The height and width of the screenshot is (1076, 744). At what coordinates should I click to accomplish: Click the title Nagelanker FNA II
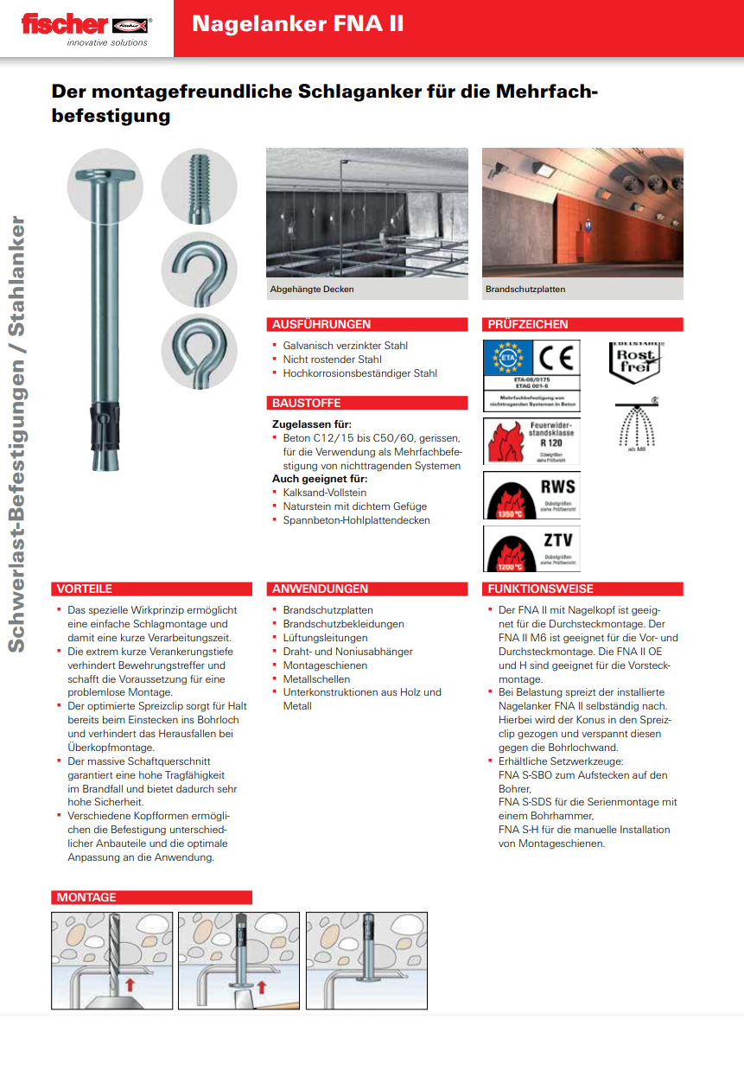point(297,24)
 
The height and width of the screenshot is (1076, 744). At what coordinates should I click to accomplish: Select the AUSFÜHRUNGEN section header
point(321,325)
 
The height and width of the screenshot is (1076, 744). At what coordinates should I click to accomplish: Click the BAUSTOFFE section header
point(307,404)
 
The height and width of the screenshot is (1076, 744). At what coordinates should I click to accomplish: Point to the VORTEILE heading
point(85,589)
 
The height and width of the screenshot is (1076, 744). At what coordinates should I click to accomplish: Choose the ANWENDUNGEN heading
point(320,589)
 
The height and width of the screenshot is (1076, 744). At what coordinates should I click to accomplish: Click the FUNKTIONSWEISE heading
point(541,589)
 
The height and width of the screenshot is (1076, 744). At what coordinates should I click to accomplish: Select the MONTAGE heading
point(86,898)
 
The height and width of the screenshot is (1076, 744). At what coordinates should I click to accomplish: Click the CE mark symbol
point(557,356)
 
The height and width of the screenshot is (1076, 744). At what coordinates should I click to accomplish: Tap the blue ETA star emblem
point(508,357)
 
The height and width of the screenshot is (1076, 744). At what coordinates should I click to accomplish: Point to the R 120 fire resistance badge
point(531,440)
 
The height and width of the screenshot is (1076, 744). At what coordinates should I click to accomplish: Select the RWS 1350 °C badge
point(531,495)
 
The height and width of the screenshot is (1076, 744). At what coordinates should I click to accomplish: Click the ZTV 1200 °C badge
point(531,549)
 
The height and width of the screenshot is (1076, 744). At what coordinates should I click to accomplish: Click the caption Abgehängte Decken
point(312,290)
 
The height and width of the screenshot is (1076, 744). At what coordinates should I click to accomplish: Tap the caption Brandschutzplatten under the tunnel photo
point(525,290)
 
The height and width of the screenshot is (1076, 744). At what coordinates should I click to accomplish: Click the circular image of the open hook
point(199,269)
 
